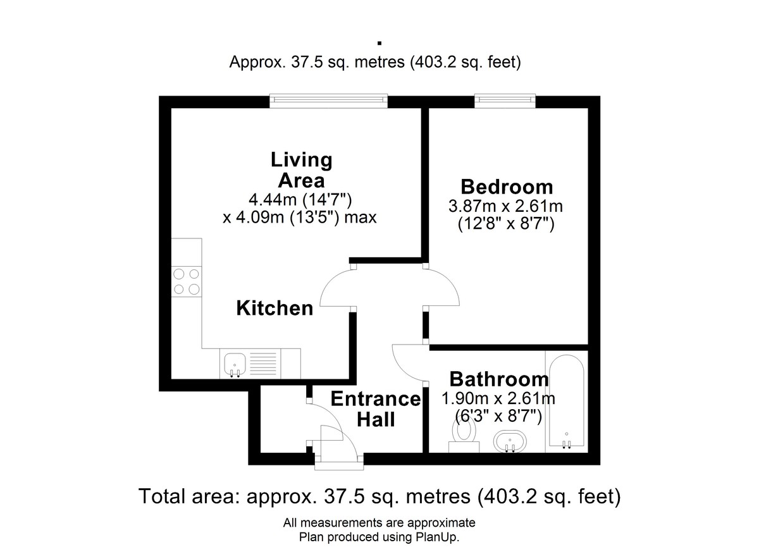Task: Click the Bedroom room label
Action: [x=507, y=187]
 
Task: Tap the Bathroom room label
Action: [x=499, y=379]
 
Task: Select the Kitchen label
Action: [x=275, y=308]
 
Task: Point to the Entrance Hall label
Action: [x=376, y=409]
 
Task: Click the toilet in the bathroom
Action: [x=464, y=438]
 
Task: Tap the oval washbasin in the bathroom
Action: [x=510, y=442]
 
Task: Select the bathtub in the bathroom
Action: [x=567, y=402]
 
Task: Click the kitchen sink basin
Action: [x=235, y=364]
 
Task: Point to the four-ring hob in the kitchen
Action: [x=187, y=281]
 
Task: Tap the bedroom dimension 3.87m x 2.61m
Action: [x=506, y=206]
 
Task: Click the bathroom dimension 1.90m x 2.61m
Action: [x=498, y=398]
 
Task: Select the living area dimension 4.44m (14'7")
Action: [x=300, y=199]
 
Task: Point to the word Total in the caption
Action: [x=162, y=496]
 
